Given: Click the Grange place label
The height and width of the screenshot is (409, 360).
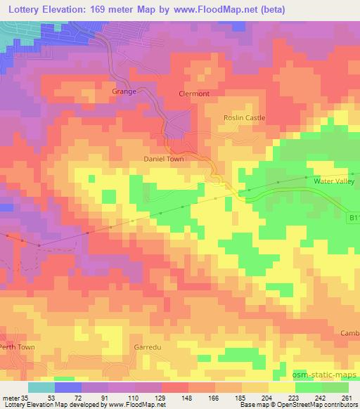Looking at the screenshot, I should click(124, 91).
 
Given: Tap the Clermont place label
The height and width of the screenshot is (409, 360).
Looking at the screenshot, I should click(195, 93).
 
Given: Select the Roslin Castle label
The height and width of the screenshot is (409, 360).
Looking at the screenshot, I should click(244, 118).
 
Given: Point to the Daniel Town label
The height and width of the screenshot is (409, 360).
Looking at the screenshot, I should click(164, 160).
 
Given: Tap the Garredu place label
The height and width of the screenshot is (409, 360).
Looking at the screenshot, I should click(147, 348).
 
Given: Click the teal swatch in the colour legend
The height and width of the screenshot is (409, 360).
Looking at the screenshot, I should click(41, 387).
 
